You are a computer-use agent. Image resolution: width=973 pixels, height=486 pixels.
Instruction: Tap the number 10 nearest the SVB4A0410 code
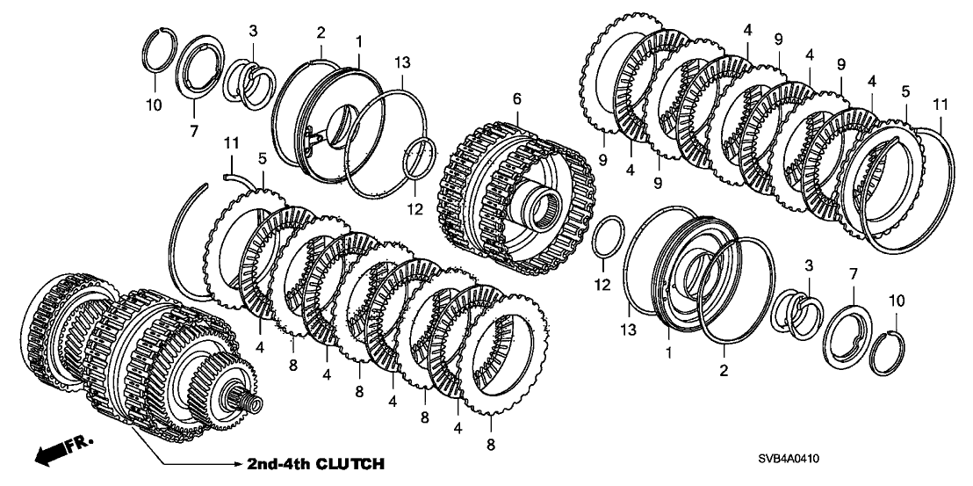896,301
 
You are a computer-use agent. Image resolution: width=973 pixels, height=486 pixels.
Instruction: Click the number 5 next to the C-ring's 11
261,159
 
